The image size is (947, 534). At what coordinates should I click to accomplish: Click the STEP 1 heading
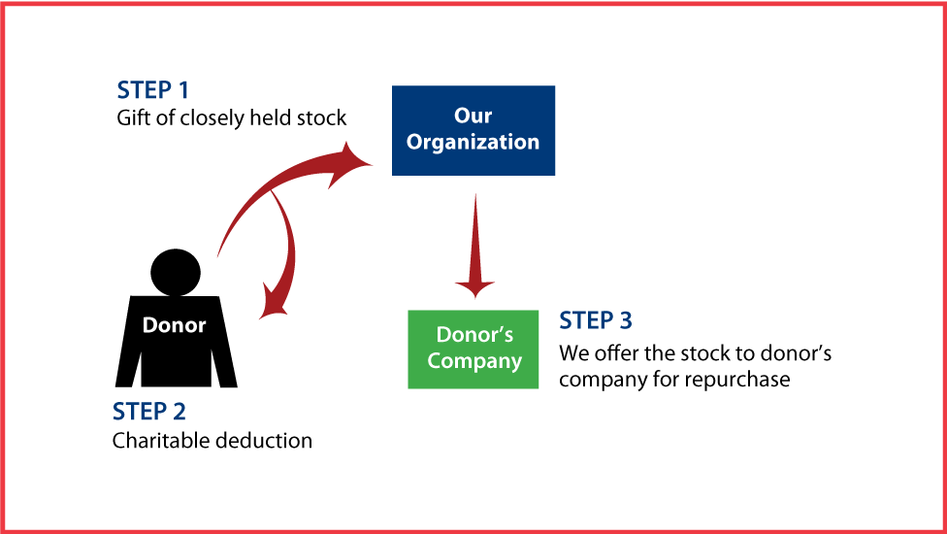(153, 90)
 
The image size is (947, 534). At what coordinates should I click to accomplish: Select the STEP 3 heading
(596, 320)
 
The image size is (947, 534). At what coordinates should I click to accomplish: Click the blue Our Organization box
(473, 130)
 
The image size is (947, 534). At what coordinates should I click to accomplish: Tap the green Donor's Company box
(473, 349)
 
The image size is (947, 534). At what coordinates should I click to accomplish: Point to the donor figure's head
(176, 272)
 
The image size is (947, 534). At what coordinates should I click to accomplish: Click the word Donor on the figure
(175, 325)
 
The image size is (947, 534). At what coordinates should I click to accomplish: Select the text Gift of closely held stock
(231, 118)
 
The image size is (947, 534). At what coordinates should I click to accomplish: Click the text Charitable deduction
(212, 441)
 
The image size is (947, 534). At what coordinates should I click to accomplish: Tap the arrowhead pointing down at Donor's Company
(474, 285)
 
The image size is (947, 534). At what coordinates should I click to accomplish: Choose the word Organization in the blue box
(473, 142)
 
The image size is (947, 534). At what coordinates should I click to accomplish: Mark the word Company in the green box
(474, 361)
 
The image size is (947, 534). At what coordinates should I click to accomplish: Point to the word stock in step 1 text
(322, 118)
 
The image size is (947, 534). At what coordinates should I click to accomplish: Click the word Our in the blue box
(473, 117)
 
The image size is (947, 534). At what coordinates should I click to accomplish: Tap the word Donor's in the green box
(474, 335)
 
